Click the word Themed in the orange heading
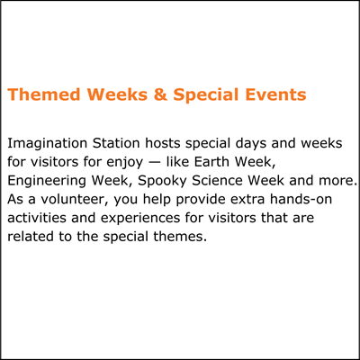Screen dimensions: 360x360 [44, 94]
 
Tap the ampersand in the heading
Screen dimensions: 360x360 [160, 94]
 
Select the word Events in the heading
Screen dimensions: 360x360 [275, 94]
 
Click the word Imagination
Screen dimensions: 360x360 [48, 144]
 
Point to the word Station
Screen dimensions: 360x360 [116, 143]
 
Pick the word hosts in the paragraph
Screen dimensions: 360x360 [163, 143]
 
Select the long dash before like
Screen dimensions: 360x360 [155, 163]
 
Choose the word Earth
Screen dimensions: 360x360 [212, 162]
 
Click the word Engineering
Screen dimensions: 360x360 [47, 182]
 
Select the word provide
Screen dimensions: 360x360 [197, 200]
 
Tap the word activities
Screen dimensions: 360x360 [37, 218]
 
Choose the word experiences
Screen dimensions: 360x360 [140, 219]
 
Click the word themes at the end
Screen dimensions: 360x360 [180, 236]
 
